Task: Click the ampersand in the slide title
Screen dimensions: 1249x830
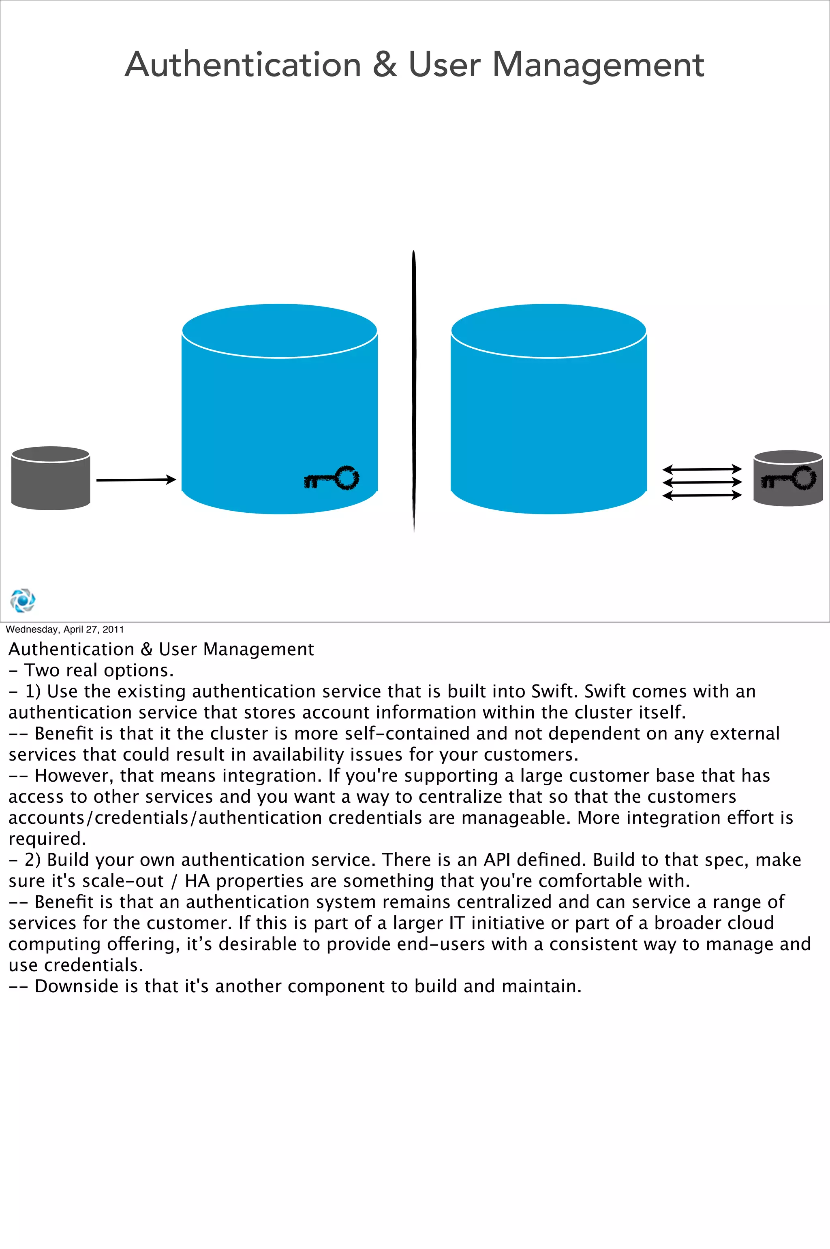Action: (385, 65)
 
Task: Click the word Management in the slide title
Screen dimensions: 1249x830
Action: (598, 65)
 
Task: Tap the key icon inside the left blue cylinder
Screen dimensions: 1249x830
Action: (332, 478)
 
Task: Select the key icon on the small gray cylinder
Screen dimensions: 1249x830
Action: (788, 478)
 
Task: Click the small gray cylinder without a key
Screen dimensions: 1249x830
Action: (50, 478)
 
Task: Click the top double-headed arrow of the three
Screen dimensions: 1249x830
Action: (702, 469)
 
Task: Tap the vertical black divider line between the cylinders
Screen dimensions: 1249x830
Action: (414, 392)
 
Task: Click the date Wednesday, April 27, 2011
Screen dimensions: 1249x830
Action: (64, 629)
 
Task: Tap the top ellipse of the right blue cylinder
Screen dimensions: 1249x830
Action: (548, 331)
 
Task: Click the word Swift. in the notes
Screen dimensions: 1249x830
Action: (605, 691)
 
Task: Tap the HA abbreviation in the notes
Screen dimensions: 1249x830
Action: (197, 881)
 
